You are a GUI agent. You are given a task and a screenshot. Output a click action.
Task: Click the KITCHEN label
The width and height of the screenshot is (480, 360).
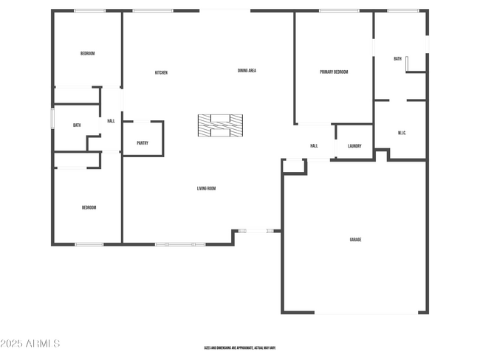161,72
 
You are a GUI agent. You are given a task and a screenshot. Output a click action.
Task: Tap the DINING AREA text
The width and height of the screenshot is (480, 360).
247,71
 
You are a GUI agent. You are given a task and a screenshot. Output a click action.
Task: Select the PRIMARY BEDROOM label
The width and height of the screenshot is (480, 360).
334,72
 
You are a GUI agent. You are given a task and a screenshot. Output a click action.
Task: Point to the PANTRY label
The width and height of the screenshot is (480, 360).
143,143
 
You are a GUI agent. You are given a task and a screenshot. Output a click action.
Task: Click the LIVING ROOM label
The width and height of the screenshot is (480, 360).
206,188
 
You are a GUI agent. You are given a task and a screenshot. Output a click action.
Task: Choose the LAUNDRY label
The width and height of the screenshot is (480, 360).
354,146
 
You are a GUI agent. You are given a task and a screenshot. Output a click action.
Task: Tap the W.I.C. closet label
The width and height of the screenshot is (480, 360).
402,133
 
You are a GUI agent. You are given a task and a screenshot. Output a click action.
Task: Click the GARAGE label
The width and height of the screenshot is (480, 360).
355,239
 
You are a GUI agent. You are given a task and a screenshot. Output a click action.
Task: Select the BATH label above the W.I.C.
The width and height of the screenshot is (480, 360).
397,59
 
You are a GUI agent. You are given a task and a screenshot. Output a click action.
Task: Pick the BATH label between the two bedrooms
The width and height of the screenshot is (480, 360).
77,125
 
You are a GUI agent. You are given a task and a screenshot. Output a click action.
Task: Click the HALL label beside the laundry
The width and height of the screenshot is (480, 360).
314,146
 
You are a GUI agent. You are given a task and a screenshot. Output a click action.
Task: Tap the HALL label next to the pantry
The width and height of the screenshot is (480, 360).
111,121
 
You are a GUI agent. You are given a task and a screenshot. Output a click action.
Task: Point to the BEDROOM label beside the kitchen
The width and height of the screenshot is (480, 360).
87,53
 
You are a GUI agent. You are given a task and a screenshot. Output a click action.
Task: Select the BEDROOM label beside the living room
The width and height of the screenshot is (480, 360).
89,207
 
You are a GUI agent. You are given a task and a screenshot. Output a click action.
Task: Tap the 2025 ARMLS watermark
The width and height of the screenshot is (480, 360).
31,344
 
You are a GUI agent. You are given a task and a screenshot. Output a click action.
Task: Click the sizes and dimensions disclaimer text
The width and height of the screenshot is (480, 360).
240,347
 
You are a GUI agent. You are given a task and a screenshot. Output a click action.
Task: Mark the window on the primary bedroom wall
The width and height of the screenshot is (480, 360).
339,10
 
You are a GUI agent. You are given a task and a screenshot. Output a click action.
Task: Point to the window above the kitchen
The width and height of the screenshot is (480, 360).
153,10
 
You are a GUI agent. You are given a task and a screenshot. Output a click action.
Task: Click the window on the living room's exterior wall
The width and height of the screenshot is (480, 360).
180,243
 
